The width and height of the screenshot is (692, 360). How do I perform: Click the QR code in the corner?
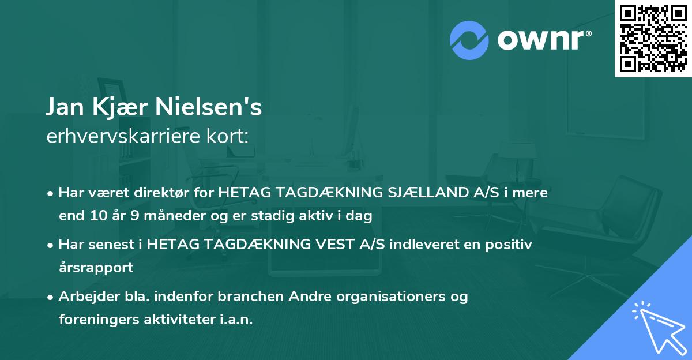653,39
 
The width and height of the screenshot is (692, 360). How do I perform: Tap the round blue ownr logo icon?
469,40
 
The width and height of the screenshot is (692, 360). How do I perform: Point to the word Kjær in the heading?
125,107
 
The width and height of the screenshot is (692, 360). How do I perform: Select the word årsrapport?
96,268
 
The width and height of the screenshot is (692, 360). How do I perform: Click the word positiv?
510,245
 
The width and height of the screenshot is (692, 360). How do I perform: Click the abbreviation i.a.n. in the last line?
236,320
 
